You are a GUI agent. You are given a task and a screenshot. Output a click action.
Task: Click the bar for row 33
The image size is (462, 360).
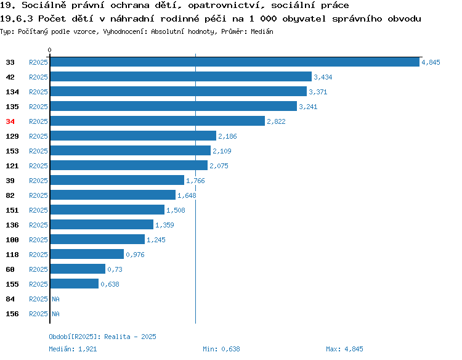coord(235,62)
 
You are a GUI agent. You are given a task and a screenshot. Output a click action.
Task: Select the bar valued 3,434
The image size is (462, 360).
coord(181,76)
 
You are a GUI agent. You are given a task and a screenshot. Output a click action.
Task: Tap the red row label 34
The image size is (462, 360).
coord(10,121)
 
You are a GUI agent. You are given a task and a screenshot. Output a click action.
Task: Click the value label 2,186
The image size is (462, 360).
coord(227,136)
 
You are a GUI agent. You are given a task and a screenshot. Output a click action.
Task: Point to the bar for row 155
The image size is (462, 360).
coord(75,284)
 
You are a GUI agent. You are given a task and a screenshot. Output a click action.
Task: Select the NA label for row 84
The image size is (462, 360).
coord(55,299)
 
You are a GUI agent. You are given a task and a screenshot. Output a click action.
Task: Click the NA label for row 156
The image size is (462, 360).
coord(55,314)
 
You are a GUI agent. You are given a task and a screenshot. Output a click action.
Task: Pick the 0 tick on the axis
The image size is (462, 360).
coord(49,50)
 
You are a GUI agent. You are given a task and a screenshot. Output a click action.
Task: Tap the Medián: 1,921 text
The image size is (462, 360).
coord(73,349)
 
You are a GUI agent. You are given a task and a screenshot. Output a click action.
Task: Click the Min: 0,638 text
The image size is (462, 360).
coord(221,349)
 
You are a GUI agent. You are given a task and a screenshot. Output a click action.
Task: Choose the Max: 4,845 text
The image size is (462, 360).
coord(344,349)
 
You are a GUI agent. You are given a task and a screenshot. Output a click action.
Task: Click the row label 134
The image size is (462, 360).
coord(12,92)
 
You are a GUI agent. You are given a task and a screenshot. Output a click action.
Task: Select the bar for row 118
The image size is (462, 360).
coord(87,254)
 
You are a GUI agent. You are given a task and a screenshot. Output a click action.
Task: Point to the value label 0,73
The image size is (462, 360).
coord(115,269)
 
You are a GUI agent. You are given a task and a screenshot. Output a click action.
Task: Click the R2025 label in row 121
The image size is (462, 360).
coord(38,166)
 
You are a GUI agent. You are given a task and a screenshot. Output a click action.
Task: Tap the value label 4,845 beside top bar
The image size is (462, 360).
coord(431,62)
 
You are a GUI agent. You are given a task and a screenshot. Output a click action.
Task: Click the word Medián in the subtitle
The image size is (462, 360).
coord(262,31)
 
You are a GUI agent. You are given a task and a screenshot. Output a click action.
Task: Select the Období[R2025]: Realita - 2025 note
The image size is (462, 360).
coord(102,337)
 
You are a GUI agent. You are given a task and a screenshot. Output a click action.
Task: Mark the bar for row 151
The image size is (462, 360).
coord(107,210)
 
